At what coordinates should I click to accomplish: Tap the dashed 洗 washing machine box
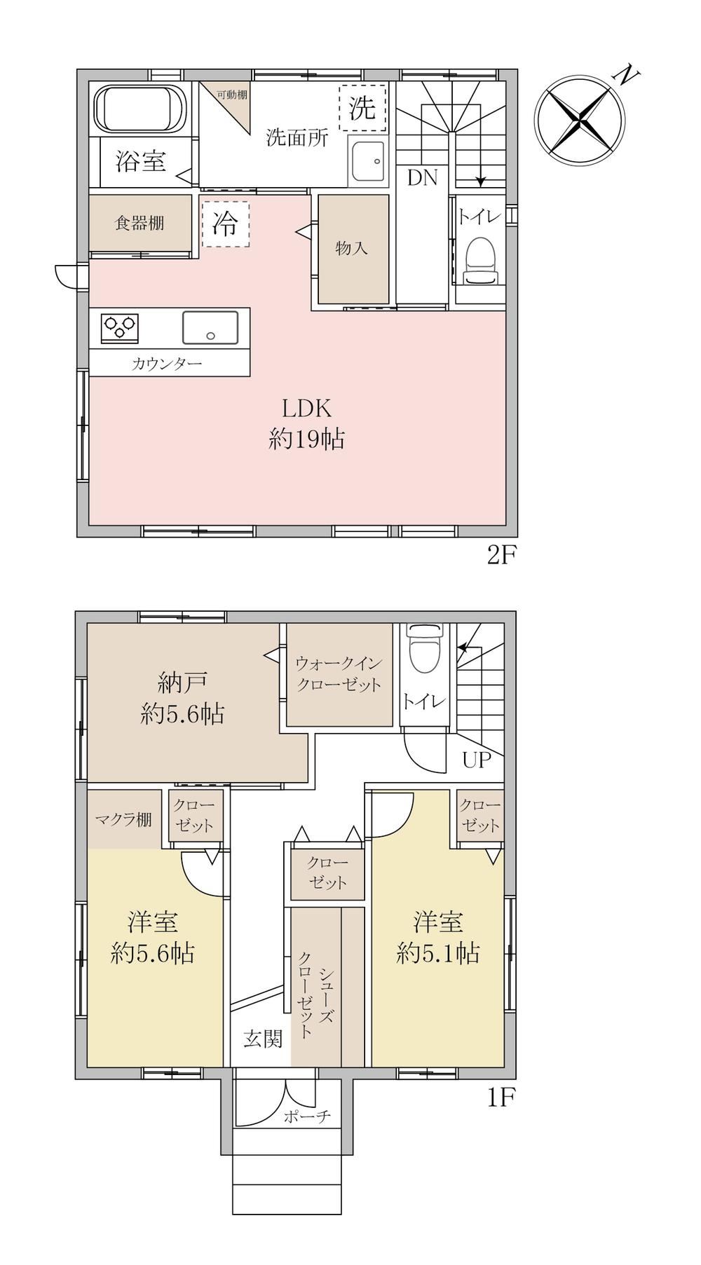tap(362, 107)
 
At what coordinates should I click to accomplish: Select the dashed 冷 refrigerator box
tap(225, 224)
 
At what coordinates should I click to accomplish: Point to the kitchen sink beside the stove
tap(210, 327)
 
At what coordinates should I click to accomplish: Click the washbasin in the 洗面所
tap(367, 163)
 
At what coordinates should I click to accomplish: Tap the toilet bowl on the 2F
tap(482, 261)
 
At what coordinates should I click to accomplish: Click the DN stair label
tap(423, 178)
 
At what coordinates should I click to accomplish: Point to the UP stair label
tap(477, 760)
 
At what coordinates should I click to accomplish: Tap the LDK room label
tap(306, 407)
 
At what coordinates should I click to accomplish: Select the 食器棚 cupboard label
tap(140, 223)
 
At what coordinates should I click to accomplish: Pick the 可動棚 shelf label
tap(231, 95)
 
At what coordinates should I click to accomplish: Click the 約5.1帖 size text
tap(438, 953)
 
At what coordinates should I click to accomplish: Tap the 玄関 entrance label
tap(263, 1038)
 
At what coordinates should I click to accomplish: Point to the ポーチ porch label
tap(307, 1116)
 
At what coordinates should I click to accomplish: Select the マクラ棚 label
tap(123, 819)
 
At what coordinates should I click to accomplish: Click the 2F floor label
tap(502, 556)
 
